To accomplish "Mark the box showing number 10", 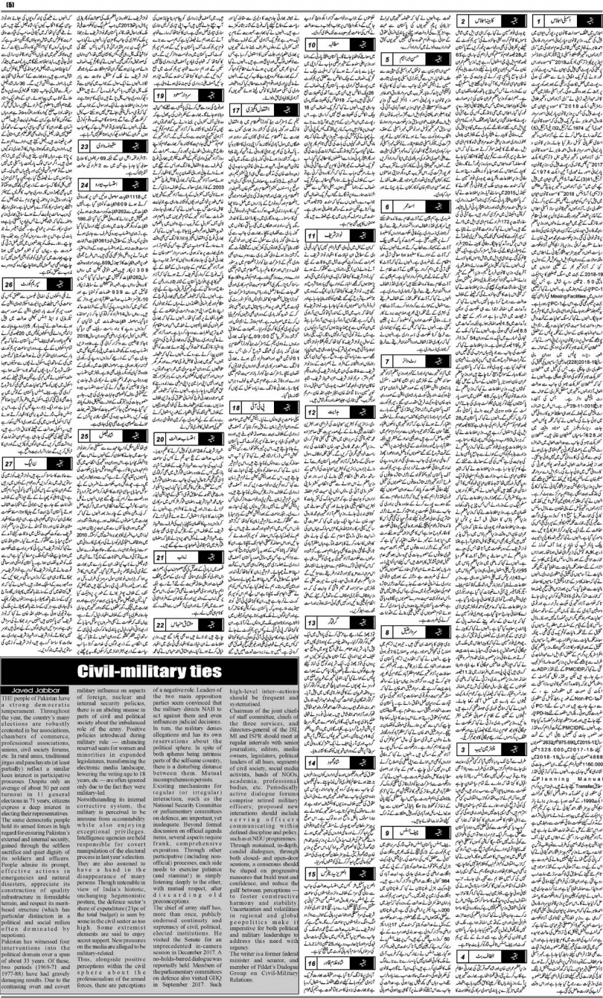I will [313, 46].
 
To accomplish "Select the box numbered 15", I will [313, 871].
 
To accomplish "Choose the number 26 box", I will [10, 284].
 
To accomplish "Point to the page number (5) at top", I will [10, 6].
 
